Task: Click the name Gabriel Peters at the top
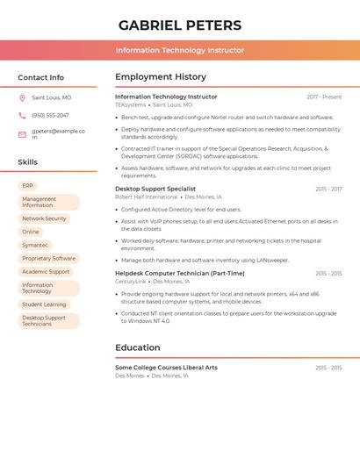pyautogui.click(x=180, y=25)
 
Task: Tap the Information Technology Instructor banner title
pyautogui.click(x=180, y=51)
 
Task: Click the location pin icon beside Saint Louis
pyautogui.click(x=22, y=98)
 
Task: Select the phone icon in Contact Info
pyautogui.click(x=22, y=115)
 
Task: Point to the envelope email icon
pyautogui.click(x=22, y=134)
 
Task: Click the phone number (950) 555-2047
pyautogui.click(x=50, y=115)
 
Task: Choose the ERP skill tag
pyautogui.click(x=27, y=186)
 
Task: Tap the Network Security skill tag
pyautogui.click(x=44, y=218)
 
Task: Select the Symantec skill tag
pyautogui.click(x=35, y=245)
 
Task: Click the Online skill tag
pyautogui.click(x=31, y=232)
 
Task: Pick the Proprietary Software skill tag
pyautogui.click(x=48, y=258)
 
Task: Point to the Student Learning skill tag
pyautogui.click(x=44, y=304)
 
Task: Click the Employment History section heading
pyautogui.click(x=161, y=77)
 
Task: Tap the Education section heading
pyautogui.click(x=137, y=347)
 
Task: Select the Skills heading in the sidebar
pyautogui.click(x=27, y=162)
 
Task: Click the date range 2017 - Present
pyautogui.click(x=324, y=97)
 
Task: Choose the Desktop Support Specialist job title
pyautogui.click(x=155, y=189)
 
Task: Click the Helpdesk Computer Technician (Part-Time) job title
pyautogui.click(x=180, y=273)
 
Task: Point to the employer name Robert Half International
pyautogui.click(x=146, y=197)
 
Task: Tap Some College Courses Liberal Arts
pyautogui.click(x=166, y=367)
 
